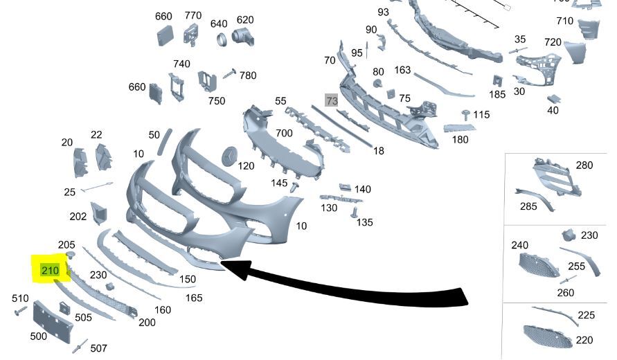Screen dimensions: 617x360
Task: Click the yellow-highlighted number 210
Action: (x=50, y=270)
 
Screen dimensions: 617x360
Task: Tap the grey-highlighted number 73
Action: (x=331, y=100)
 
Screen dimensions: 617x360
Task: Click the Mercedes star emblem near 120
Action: (x=230, y=156)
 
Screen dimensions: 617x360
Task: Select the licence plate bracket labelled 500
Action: (x=53, y=321)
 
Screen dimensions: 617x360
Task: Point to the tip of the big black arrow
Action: (x=221, y=262)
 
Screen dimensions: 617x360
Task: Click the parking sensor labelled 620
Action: (x=242, y=37)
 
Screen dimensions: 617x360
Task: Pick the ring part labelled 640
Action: (x=222, y=39)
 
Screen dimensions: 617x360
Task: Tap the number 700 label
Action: (x=284, y=133)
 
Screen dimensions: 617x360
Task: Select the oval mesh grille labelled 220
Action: (x=548, y=336)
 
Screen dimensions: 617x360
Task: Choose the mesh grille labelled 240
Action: (x=539, y=264)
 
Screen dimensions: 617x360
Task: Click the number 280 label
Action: (x=584, y=165)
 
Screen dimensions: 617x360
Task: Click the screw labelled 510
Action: (x=19, y=312)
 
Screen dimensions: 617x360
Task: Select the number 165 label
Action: (x=194, y=298)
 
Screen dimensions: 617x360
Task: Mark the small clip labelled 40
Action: (x=554, y=99)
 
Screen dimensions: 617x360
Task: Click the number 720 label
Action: (x=553, y=42)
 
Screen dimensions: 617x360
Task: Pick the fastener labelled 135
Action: (x=354, y=212)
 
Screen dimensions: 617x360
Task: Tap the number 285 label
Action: (x=528, y=206)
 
